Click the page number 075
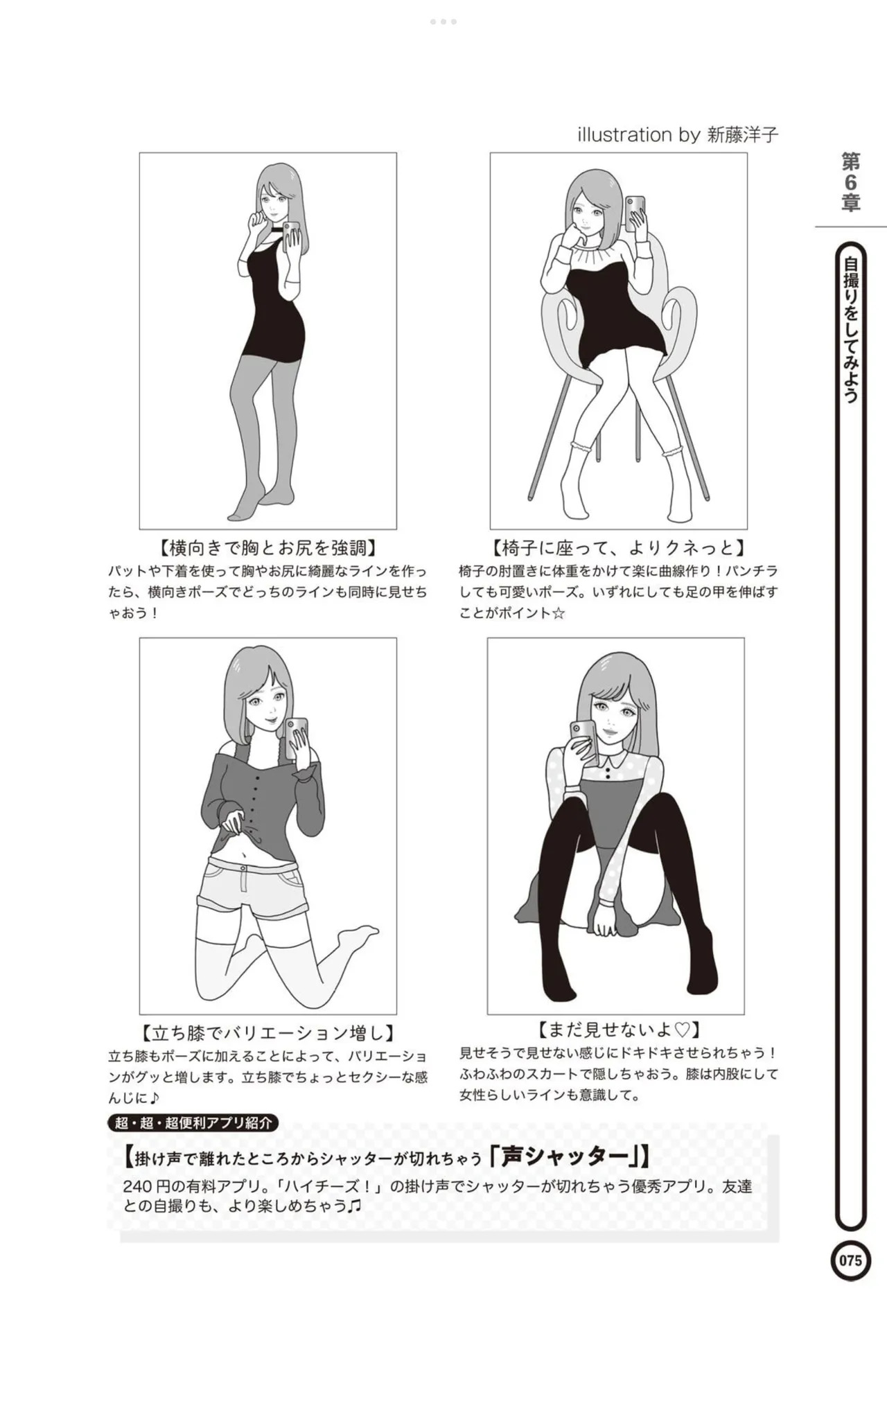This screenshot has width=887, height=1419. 850,1260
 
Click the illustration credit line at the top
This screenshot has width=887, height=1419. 678,134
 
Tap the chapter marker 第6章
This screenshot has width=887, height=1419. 851,183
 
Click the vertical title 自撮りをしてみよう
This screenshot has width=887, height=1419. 851,330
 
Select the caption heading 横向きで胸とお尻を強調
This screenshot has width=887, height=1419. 268,548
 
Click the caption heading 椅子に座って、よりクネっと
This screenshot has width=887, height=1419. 618,548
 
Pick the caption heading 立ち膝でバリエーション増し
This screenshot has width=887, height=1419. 268,1033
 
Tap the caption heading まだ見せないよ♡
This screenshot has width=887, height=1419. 618,1029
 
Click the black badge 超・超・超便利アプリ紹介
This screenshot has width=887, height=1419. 193,1122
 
